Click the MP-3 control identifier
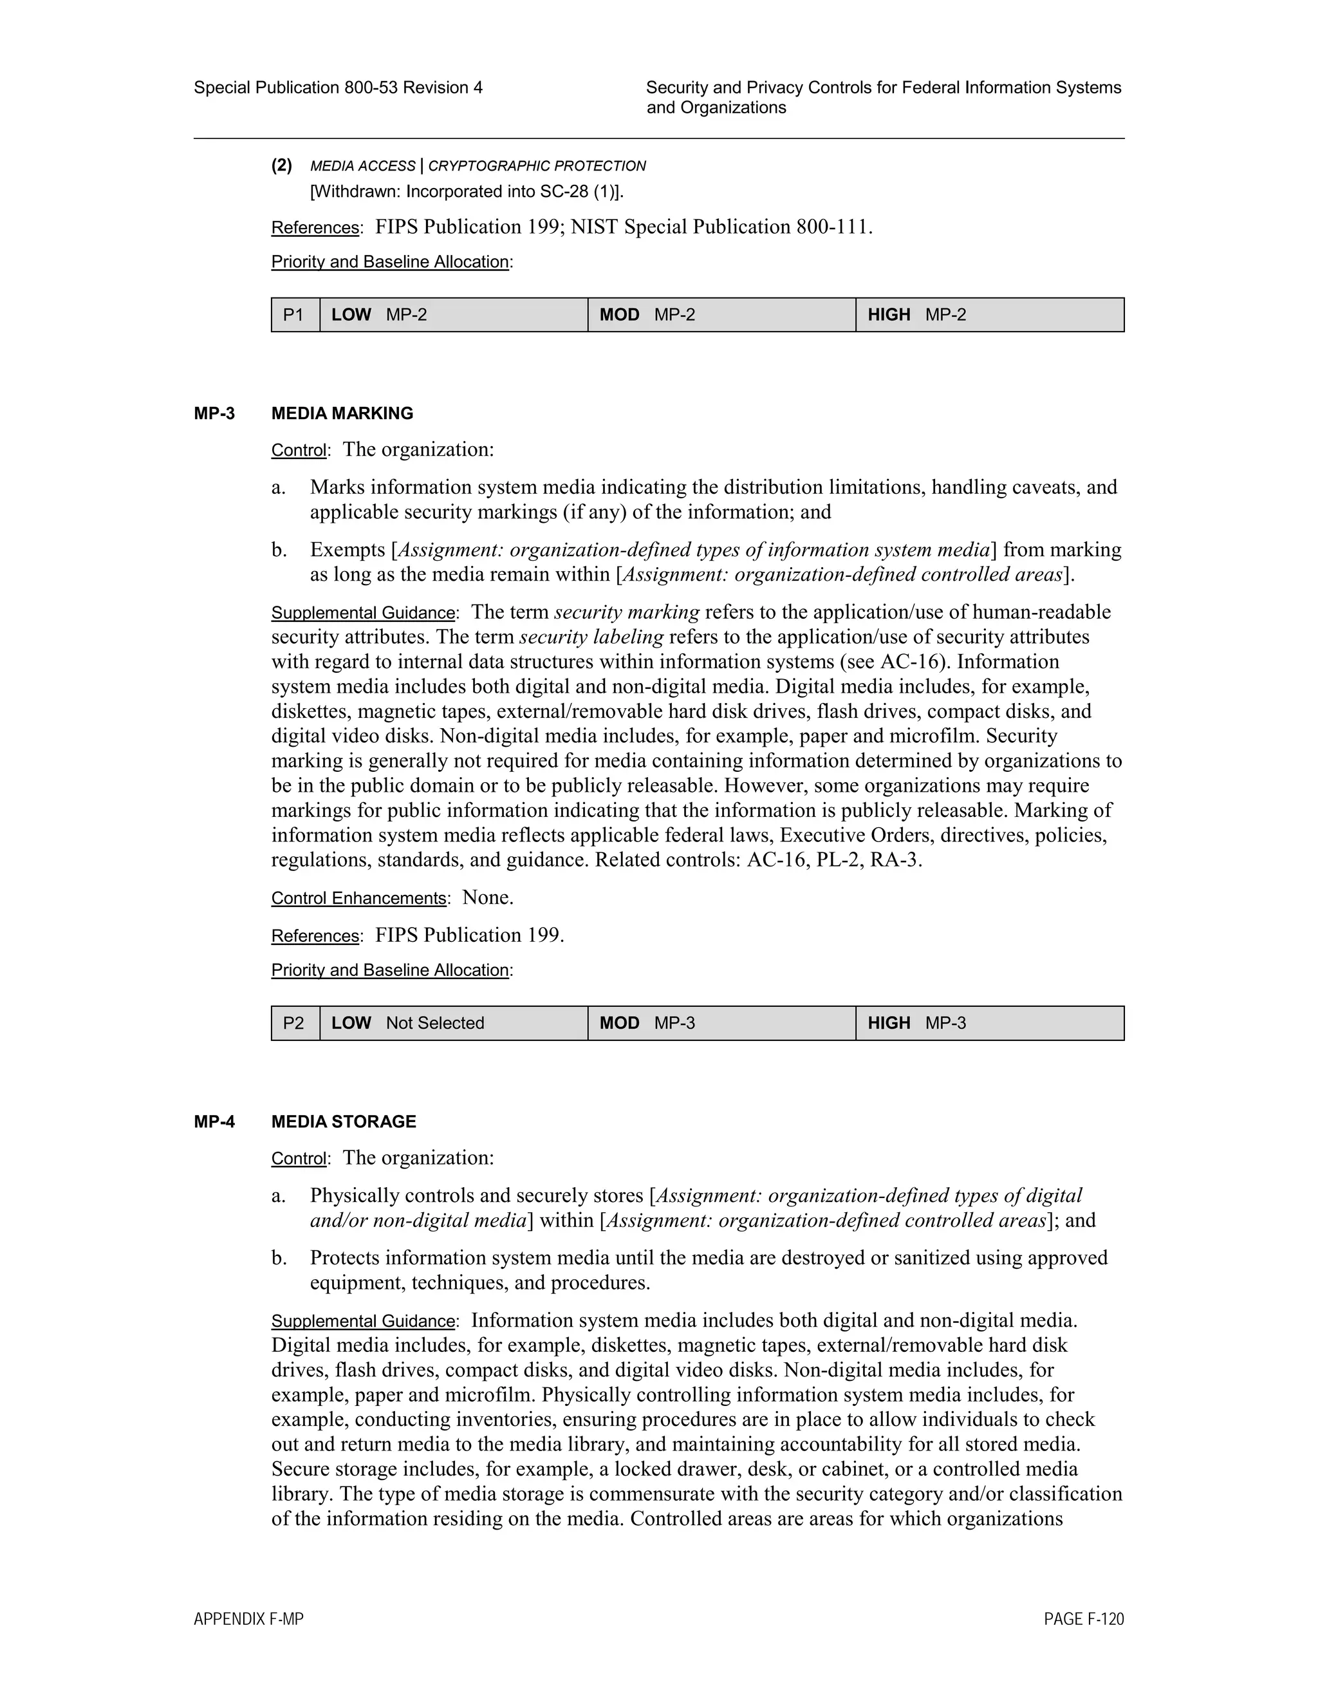click(214, 413)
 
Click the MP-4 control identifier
click(214, 1121)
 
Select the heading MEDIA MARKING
click(342, 413)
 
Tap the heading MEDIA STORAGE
click(344, 1121)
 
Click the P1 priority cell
click(294, 315)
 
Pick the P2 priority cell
click(294, 1024)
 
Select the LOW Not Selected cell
click(453, 1024)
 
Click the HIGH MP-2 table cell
click(989, 315)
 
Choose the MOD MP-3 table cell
click(721, 1024)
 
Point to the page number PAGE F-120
click(1083, 1619)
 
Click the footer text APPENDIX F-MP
click(248, 1619)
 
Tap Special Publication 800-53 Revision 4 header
click(338, 88)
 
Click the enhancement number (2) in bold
click(282, 165)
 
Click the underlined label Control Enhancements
click(358, 898)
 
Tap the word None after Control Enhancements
click(487, 897)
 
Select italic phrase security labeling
click(591, 637)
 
